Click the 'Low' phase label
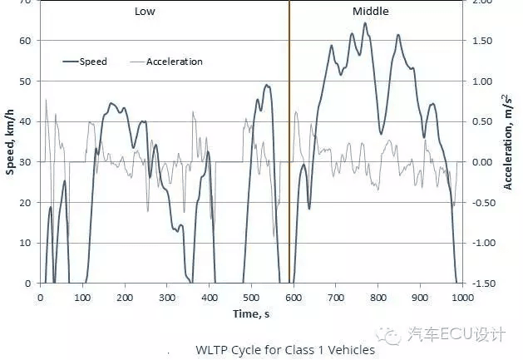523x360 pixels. pyautogui.click(x=145, y=12)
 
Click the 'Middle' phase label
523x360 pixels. pyautogui.click(x=371, y=12)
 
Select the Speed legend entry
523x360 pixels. pyautogui.click(x=85, y=62)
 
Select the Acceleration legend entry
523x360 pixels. pyautogui.click(x=166, y=62)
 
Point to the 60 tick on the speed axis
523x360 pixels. pyautogui.click(x=25, y=41)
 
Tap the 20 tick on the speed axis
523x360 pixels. pyautogui.click(x=25, y=203)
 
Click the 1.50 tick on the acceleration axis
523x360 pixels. pyautogui.click(x=482, y=41)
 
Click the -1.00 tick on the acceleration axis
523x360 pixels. pyautogui.click(x=482, y=243)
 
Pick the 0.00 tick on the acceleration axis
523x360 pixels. pyautogui.click(x=482, y=162)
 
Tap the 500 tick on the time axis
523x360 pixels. pyautogui.click(x=251, y=298)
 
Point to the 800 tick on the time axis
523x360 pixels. pyautogui.click(x=378, y=298)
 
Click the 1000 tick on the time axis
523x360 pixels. pyautogui.click(x=462, y=298)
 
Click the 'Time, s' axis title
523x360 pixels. pyautogui.click(x=251, y=314)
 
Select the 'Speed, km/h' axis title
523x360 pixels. pyautogui.click(x=10, y=142)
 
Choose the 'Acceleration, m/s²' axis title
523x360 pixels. pyautogui.click(x=508, y=142)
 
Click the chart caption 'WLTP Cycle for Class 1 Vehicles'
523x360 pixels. pyautogui.click(x=285, y=350)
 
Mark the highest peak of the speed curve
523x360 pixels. pyautogui.click(x=365, y=23)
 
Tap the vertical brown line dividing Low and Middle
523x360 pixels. pyautogui.click(x=289, y=142)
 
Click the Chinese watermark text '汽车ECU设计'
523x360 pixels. pyautogui.click(x=456, y=334)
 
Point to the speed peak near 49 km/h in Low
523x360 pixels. pyautogui.click(x=267, y=85)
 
